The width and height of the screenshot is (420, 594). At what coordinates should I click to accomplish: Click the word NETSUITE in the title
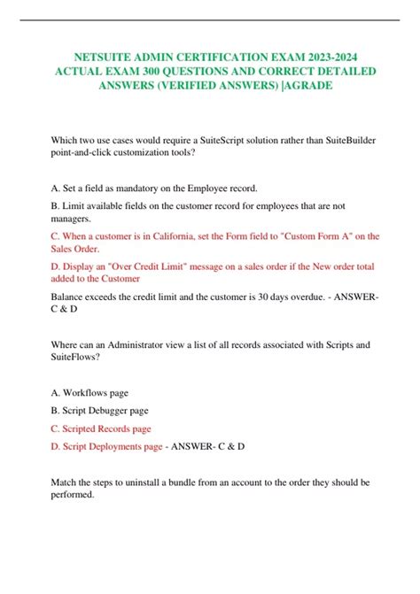[x=97, y=53]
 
